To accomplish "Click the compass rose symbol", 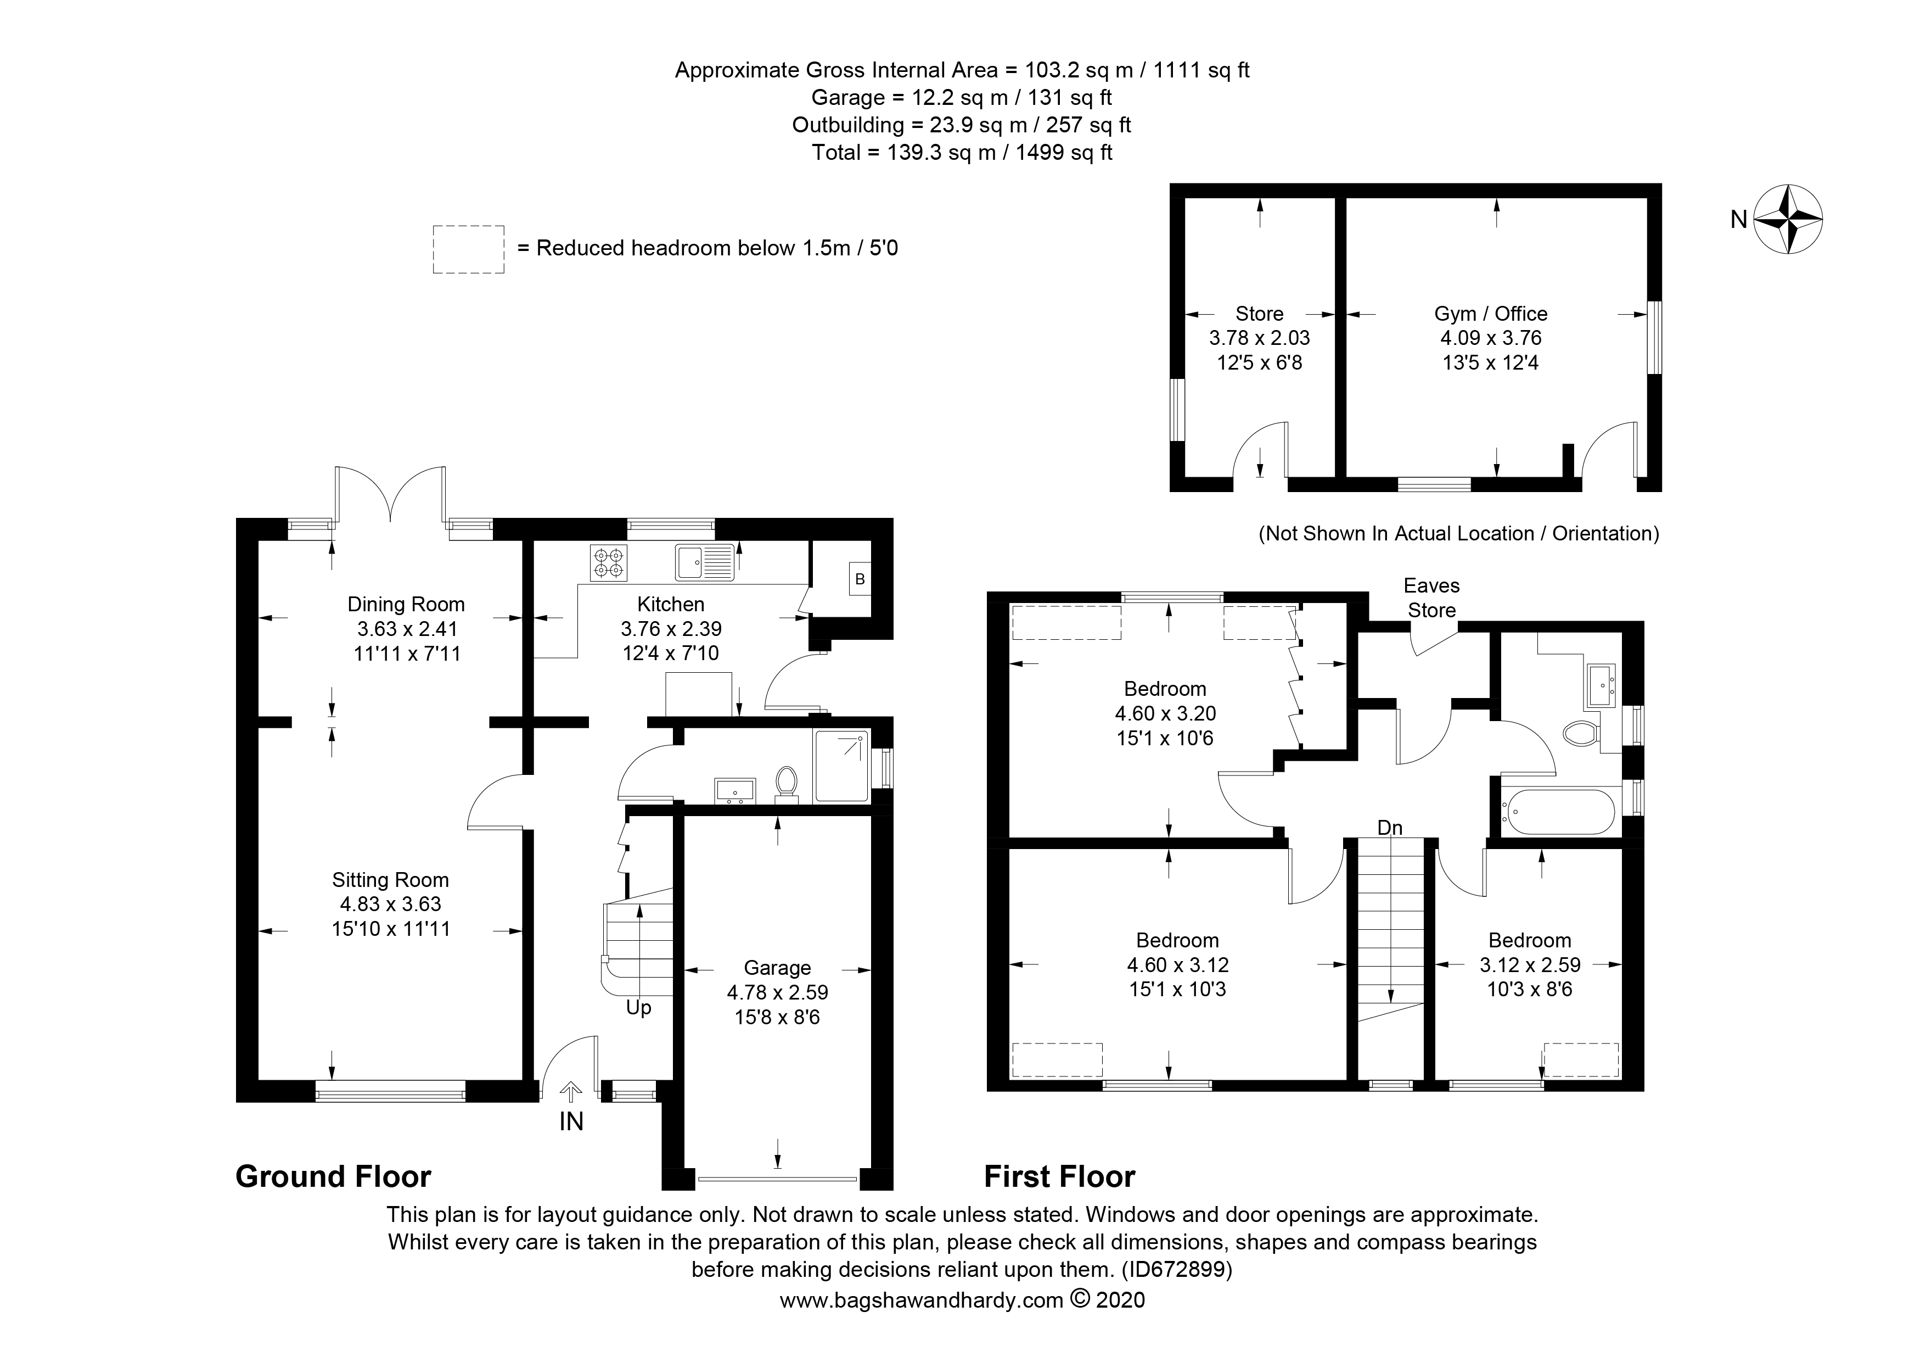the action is point(1788,219).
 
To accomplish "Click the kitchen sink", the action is point(705,562).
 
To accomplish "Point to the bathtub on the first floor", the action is point(1558,812).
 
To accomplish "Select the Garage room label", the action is point(778,968).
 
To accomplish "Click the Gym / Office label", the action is point(1491,314).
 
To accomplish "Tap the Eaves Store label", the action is point(1432,598).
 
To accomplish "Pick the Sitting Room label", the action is point(390,879).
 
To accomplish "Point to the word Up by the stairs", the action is point(638,1008).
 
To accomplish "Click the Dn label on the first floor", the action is point(1390,828).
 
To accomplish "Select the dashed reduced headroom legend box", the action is point(468,249).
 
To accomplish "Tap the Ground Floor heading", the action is point(333,1176).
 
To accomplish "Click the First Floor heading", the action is point(1059,1176).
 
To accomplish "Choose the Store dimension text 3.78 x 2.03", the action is point(1259,338).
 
